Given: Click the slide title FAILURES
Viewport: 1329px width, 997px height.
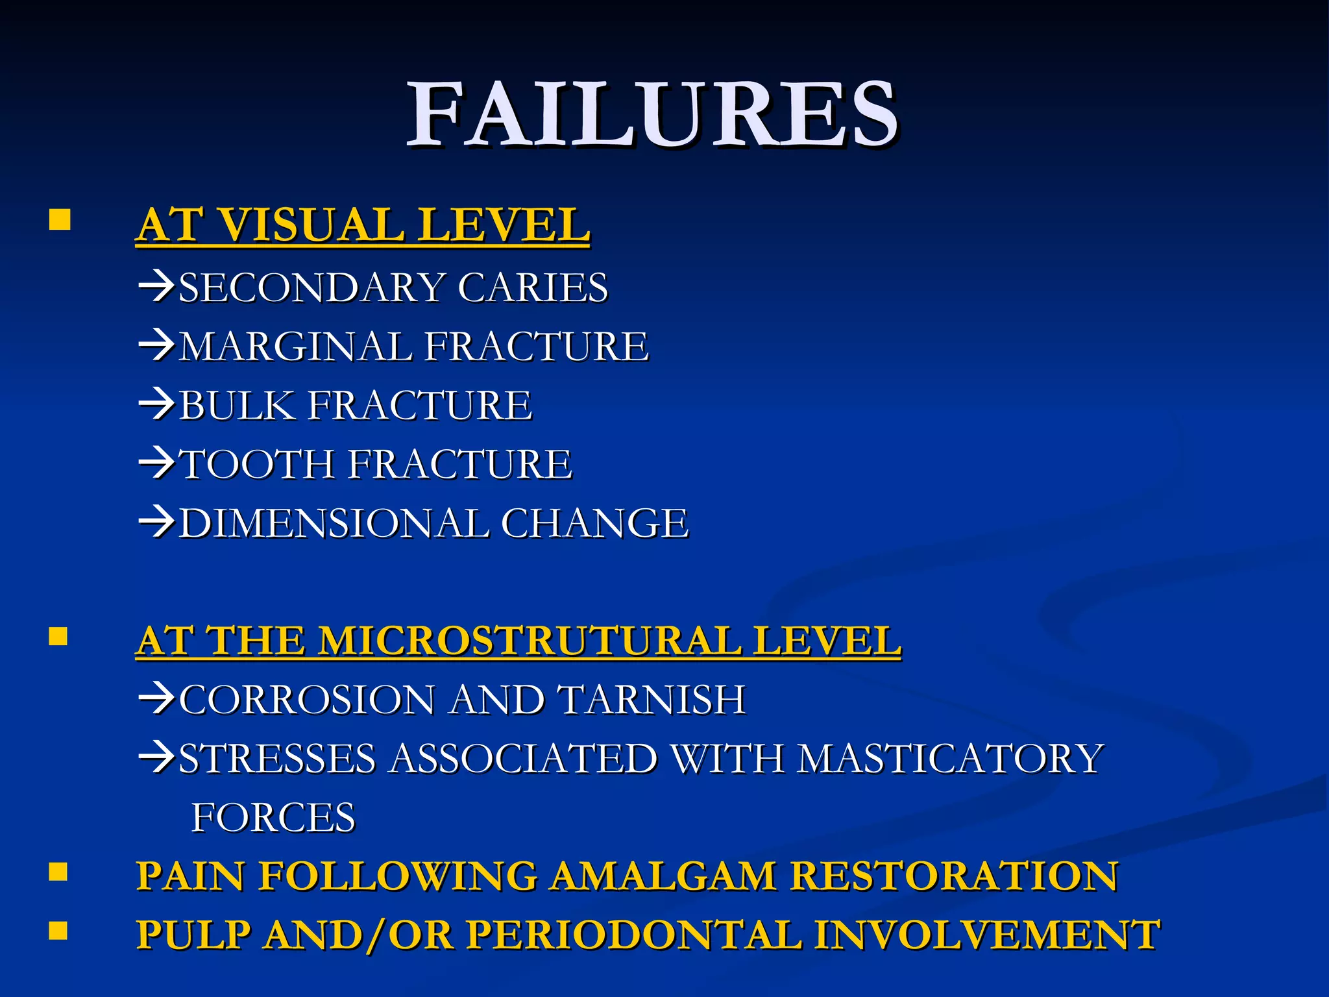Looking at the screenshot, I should [652, 116].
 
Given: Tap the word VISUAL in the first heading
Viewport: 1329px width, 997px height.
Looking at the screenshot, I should [309, 225].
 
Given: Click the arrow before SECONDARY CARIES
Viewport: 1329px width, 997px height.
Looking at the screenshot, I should [156, 287].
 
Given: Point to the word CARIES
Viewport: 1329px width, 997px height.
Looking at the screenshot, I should [533, 288].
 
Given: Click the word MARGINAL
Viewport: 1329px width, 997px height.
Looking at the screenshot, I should [296, 346].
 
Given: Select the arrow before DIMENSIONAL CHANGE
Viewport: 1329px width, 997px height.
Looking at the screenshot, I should [156, 523].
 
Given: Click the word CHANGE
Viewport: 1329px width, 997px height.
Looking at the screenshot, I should [594, 524].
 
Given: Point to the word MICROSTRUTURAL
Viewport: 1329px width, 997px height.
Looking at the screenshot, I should [530, 641].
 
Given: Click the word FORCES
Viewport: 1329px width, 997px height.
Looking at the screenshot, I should [273, 817].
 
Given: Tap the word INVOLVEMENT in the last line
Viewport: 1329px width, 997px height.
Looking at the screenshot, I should [986, 935].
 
